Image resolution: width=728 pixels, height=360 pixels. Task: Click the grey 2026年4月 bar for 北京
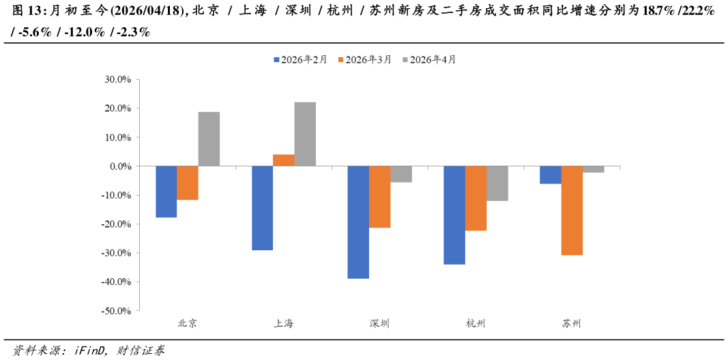pyautogui.click(x=209, y=139)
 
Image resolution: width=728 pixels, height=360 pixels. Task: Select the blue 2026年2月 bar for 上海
pyautogui.click(x=262, y=208)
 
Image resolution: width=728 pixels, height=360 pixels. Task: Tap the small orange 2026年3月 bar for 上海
pyautogui.click(x=284, y=160)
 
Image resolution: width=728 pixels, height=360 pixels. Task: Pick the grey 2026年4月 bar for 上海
pyautogui.click(x=305, y=134)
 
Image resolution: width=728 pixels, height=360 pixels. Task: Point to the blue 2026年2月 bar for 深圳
pyautogui.click(x=358, y=222)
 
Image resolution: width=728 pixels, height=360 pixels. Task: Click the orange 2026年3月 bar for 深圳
pyautogui.click(x=380, y=197)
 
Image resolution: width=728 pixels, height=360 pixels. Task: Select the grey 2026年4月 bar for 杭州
pyautogui.click(x=497, y=183)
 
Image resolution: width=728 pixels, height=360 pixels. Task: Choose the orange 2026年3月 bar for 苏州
pyautogui.click(x=572, y=211)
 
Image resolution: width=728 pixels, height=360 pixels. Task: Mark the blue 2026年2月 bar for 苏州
pyautogui.click(x=551, y=175)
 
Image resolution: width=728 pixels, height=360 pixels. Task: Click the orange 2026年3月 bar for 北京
pyautogui.click(x=188, y=183)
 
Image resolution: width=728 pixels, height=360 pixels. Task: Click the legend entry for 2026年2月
pyautogui.click(x=300, y=60)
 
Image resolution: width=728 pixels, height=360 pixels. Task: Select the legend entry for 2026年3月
pyautogui.click(x=364, y=60)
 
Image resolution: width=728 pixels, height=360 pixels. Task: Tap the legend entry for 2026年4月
pyautogui.click(x=429, y=60)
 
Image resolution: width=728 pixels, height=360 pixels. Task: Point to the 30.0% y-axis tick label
pyautogui.click(x=117, y=80)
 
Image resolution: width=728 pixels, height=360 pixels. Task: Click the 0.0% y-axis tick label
pyautogui.click(x=119, y=166)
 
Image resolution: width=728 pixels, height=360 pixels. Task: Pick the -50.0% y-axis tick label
pyautogui.click(x=116, y=311)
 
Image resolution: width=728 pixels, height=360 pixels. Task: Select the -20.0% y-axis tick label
pyautogui.click(x=116, y=224)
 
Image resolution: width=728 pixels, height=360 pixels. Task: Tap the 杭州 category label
pyautogui.click(x=476, y=324)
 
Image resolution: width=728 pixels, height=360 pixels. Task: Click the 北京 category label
pyautogui.click(x=188, y=324)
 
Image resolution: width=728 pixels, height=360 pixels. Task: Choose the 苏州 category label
pyautogui.click(x=572, y=324)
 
